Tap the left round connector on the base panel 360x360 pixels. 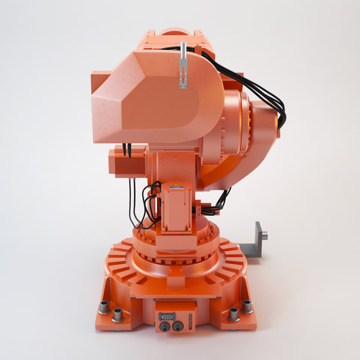(x=164, y=326)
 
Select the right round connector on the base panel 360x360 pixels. (x=177, y=326)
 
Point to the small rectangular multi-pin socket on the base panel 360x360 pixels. (x=167, y=316)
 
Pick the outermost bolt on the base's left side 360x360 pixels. (x=104, y=307)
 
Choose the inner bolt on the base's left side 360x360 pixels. (x=118, y=314)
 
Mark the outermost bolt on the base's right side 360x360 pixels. (x=247, y=307)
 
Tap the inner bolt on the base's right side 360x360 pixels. (x=233, y=314)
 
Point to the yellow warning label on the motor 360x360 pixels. (x=177, y=188)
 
